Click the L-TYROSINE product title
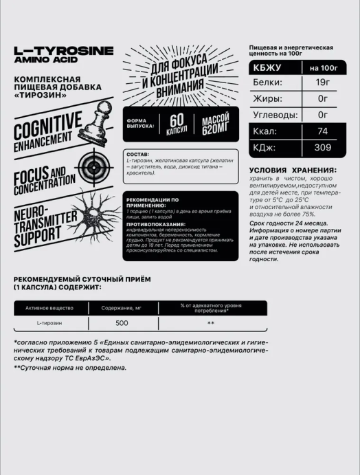click(x=64, y=51)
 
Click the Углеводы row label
click(x=275, y=114)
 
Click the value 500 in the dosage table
click(x=122, y=322)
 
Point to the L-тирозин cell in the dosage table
click(x=49, y=322)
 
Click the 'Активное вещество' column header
click(x=49, y=308)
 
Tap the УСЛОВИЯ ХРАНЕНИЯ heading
click(x=288, y=170)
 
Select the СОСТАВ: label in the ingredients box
click(x=136, y=155)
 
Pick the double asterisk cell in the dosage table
click(x=211, y=322)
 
